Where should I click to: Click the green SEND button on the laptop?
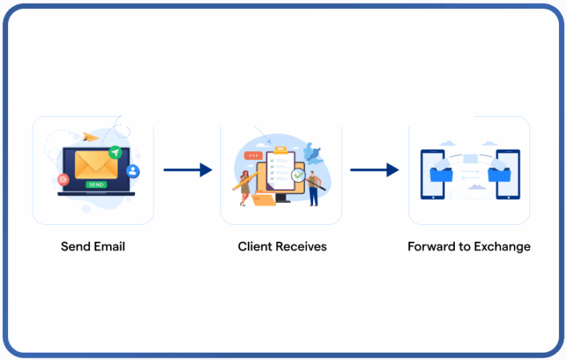coord(95,184)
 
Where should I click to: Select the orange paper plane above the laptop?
coord(91,136)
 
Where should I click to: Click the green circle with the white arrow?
coord(114,152)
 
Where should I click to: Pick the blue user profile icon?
coord(133,171)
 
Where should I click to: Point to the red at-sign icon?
coord(63,179)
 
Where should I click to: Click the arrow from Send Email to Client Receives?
coord(188,170)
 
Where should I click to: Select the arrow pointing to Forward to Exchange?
coord(374,170)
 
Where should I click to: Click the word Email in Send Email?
coord(109,246)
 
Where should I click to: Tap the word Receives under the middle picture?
coord(300,246)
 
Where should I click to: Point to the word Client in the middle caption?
coord(254,246)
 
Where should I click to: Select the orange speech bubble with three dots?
coord(255,156)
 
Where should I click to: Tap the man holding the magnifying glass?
coord(315,186)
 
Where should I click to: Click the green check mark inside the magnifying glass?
coord(298,176)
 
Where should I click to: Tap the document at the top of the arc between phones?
coord(470,158)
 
